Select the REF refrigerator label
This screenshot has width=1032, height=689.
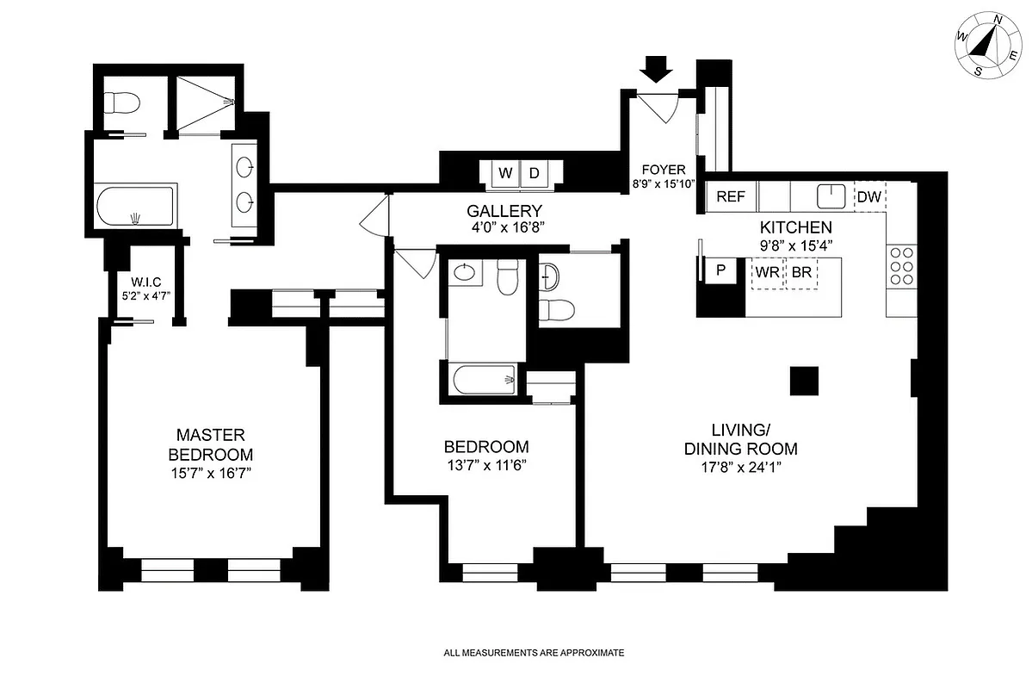731,196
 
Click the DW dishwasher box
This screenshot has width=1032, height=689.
869,196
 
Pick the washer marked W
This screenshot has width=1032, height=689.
506,173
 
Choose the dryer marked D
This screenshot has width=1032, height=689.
534,173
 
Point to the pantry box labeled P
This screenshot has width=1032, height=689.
720,270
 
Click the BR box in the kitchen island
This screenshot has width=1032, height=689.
801,273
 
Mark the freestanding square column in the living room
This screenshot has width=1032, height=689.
804,380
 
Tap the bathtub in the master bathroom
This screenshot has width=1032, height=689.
135,208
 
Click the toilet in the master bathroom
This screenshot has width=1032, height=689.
119,103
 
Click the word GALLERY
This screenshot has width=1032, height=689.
504,211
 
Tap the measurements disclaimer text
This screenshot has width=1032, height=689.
533,653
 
